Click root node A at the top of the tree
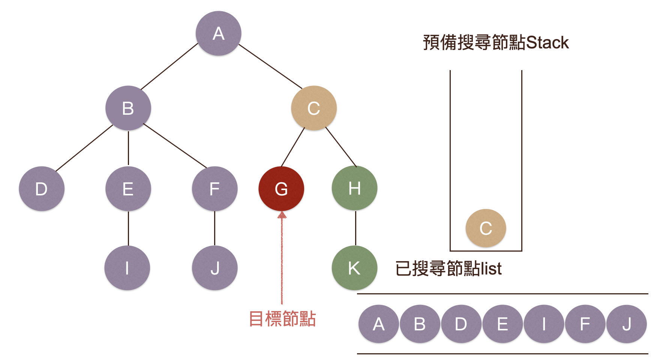pos(218,33)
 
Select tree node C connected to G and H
pos(313,108)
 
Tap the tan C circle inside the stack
pos(486,228)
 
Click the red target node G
pos(281,189)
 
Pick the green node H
pos(354,188)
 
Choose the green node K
pos(354,268)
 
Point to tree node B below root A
pos(128,108)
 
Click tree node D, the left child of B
pos(41,189)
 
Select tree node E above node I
pos(128,189)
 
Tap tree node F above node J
pos(214,189)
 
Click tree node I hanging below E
pos(127,268)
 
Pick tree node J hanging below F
pos(214,268)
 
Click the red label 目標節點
pos(282,319)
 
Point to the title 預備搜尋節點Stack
pos(496,42)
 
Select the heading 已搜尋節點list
pos(448,268)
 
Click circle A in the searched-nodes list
pos(379,324)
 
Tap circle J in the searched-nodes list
pos(627,324)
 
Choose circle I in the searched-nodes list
pos(544,324)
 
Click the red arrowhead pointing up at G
pos(282,215)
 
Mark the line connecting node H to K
pos(355,228)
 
